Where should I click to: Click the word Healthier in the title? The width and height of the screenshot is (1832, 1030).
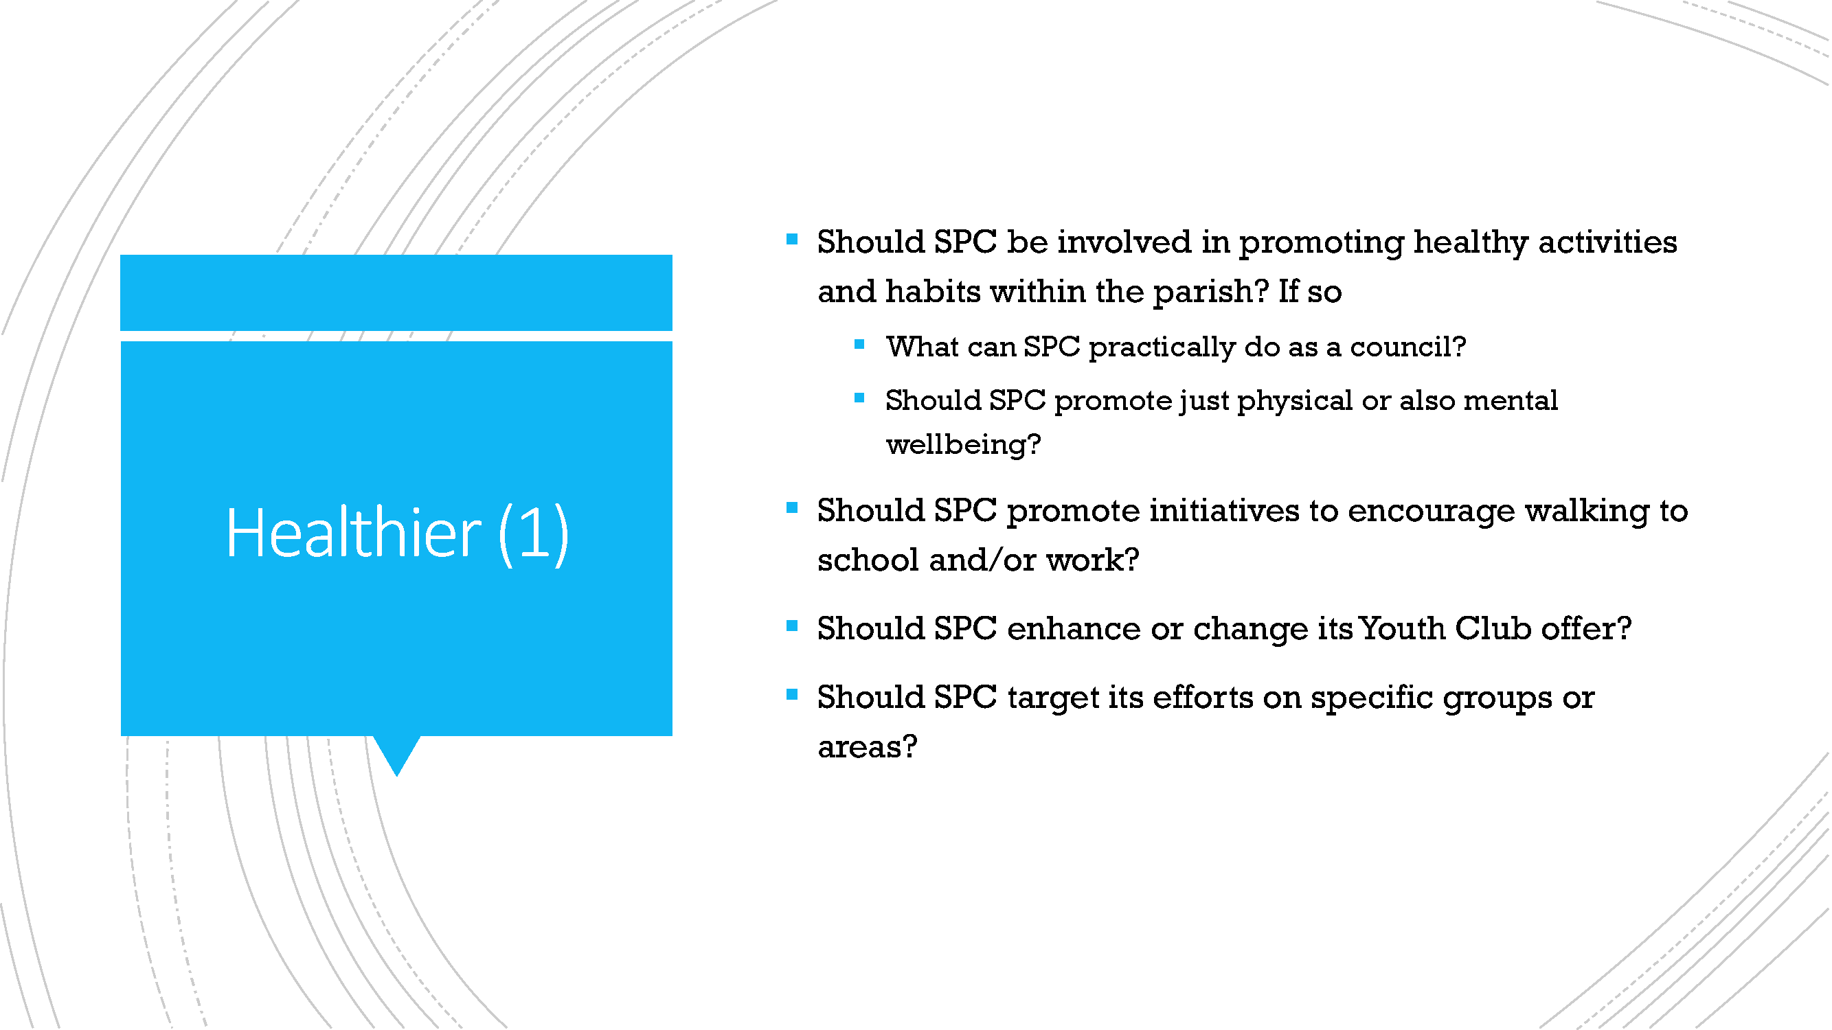[x=354, y=532]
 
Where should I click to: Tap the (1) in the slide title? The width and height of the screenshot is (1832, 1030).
[x=533, y=534]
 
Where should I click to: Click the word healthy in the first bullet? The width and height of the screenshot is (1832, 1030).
[x=1470, y=244]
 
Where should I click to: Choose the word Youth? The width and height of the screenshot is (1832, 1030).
[x=1401, y=629]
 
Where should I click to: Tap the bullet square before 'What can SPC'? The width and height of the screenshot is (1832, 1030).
[x=859, y=345]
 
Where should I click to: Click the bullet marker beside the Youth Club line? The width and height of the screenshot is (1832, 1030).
[x=791, y=626]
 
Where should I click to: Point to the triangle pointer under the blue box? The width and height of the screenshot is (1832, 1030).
[x=397, y=752]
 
